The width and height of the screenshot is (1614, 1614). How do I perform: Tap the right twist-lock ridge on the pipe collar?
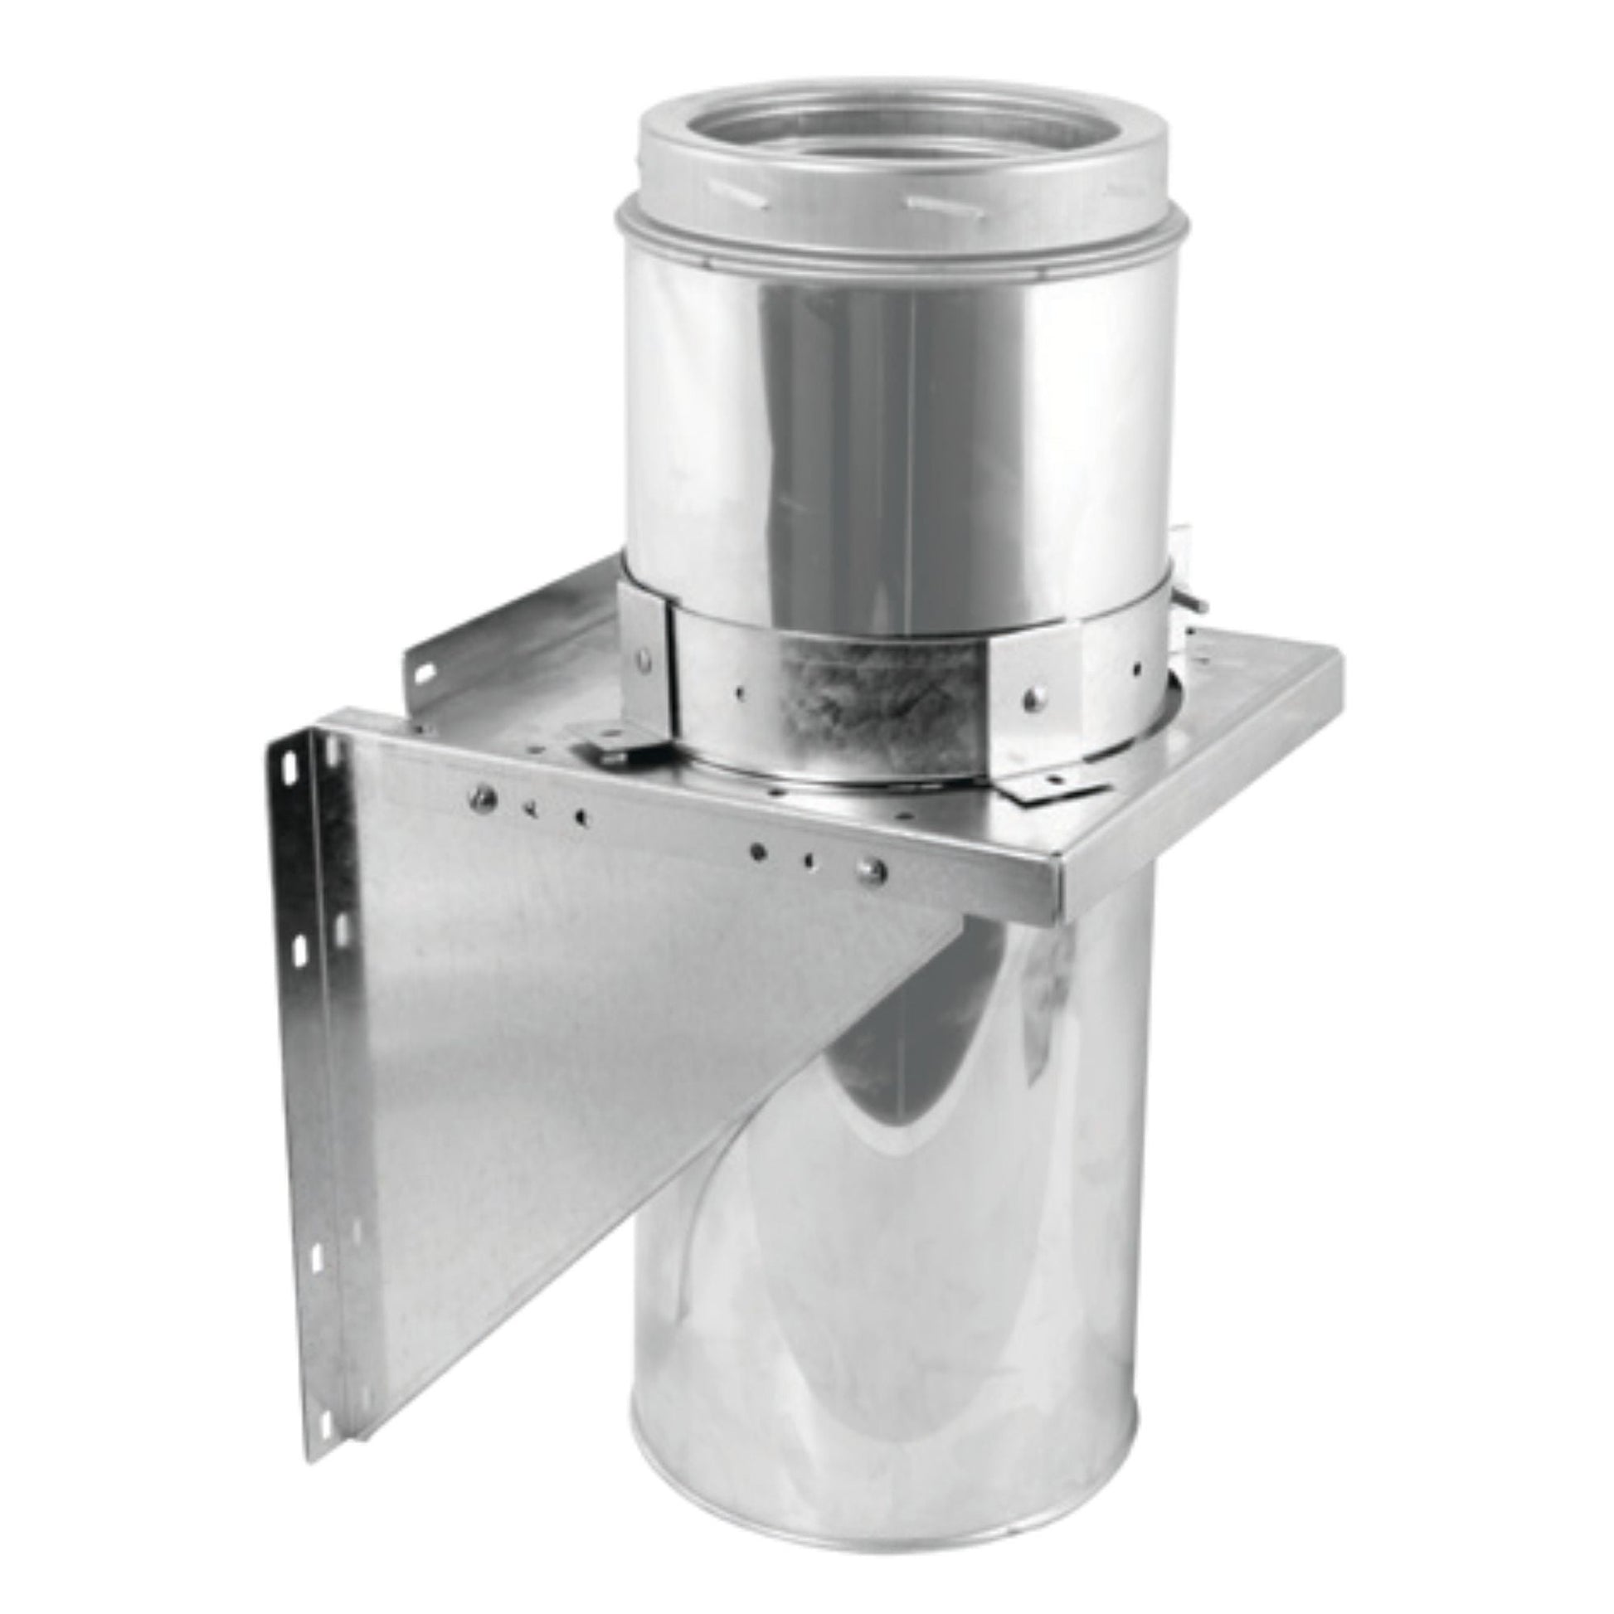click(936, 203)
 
